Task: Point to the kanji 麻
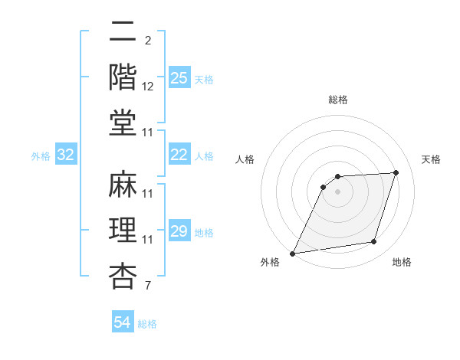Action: click(123, 185)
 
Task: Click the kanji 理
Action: click(123, 231)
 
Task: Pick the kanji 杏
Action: click(123, 277)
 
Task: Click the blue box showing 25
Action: click(179, 78)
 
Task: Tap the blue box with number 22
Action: click(179, 155)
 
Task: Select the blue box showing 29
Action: click(179, 232)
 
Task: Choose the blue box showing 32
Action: click(66, 155)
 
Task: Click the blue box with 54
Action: click(123, 322)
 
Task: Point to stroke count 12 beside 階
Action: click(149, 87)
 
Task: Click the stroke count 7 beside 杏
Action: click(148, 286)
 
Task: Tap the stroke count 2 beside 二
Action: click(148, 41)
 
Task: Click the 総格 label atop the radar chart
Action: click(337, 100)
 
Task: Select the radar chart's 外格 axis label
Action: click(270, 262)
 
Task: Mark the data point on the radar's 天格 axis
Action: click(396, 172)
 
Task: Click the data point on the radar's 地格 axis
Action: click(374, 242)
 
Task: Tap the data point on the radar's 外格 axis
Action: click(293, 254)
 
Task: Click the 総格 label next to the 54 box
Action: click(147, 324)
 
